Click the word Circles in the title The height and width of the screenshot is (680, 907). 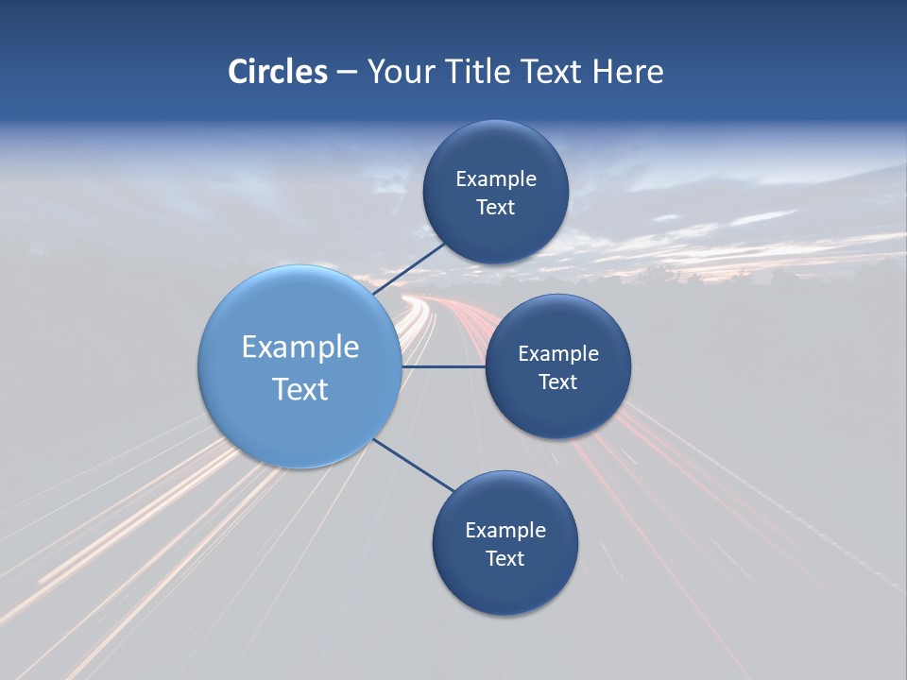click(x=278, y=72)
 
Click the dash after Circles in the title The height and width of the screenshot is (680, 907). click(x=347, y=73)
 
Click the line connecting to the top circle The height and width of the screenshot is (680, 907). click(x=409, y=268)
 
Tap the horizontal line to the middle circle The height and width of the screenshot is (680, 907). click(x=443, y=366)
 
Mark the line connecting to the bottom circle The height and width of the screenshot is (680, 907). click(x=414, y=465)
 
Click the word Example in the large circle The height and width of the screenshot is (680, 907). click(x=300, y=348)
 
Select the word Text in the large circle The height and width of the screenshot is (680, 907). click(x=300, y=389)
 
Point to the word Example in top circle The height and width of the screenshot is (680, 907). click(x=496, y=179)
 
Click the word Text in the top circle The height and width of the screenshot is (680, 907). click(x=495, y=208)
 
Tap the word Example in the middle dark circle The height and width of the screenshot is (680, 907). click(x=558, y=354)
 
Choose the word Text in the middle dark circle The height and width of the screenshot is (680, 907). click(x=557, y=382)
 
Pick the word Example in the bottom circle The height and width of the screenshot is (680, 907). click(x=505, y=531)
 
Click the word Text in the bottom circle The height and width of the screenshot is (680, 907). click(x=505, y=559)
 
